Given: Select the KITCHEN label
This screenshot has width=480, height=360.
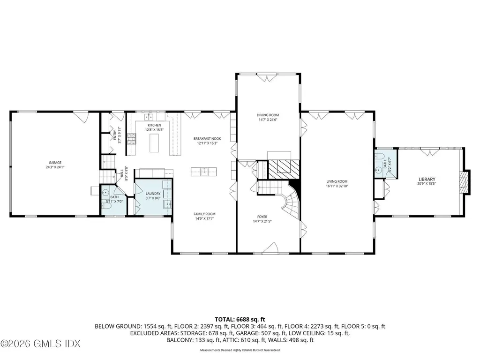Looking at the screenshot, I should (154, 125).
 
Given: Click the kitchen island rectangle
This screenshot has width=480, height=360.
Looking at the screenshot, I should (154, 142).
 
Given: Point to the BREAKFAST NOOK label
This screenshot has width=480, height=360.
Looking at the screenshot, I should (207, 138).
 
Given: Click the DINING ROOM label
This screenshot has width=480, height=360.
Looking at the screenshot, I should (268, 115).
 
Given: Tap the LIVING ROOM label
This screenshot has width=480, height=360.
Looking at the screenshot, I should (337, 181).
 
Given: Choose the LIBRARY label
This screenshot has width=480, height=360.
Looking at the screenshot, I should (427, 179).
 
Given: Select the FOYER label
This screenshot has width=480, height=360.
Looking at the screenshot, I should (262, 217).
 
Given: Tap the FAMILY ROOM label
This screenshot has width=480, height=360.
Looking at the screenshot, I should (204, 214).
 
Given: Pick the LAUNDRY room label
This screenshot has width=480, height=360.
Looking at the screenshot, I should (153, 194).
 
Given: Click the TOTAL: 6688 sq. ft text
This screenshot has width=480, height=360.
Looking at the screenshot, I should (240, 319).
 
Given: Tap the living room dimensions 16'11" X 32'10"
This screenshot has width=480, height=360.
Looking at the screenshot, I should (337, 186).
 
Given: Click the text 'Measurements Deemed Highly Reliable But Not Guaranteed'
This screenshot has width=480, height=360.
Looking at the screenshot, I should (240, 350).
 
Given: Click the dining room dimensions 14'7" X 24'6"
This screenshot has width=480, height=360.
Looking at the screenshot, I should (268, 120).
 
